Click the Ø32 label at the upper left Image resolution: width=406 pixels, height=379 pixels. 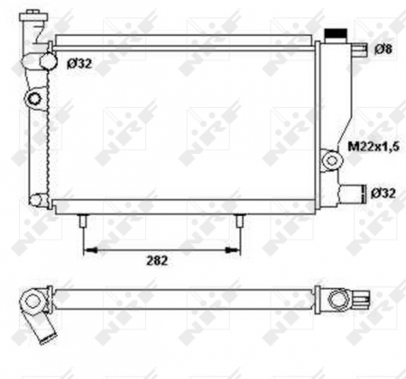[x=78, y=62]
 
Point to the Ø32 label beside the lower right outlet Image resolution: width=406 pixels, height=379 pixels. [x=383, y=192]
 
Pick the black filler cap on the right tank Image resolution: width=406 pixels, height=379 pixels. [x=336, y=32]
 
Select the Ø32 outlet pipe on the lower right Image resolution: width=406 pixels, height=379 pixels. [x=354, y=192]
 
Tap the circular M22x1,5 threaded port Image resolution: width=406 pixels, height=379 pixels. [x=333, y=159]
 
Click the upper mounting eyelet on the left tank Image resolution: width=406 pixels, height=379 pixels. [x=36, y=97]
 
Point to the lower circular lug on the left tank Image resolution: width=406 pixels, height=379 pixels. [x=35, y=200]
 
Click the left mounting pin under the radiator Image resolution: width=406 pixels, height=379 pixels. [x=83, y=221]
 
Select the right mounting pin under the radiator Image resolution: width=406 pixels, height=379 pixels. [x=240, y=221]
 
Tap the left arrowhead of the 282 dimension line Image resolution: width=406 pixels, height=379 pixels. [x=88, y=248]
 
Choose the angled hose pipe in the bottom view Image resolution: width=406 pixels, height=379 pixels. [x=42, y=328]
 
